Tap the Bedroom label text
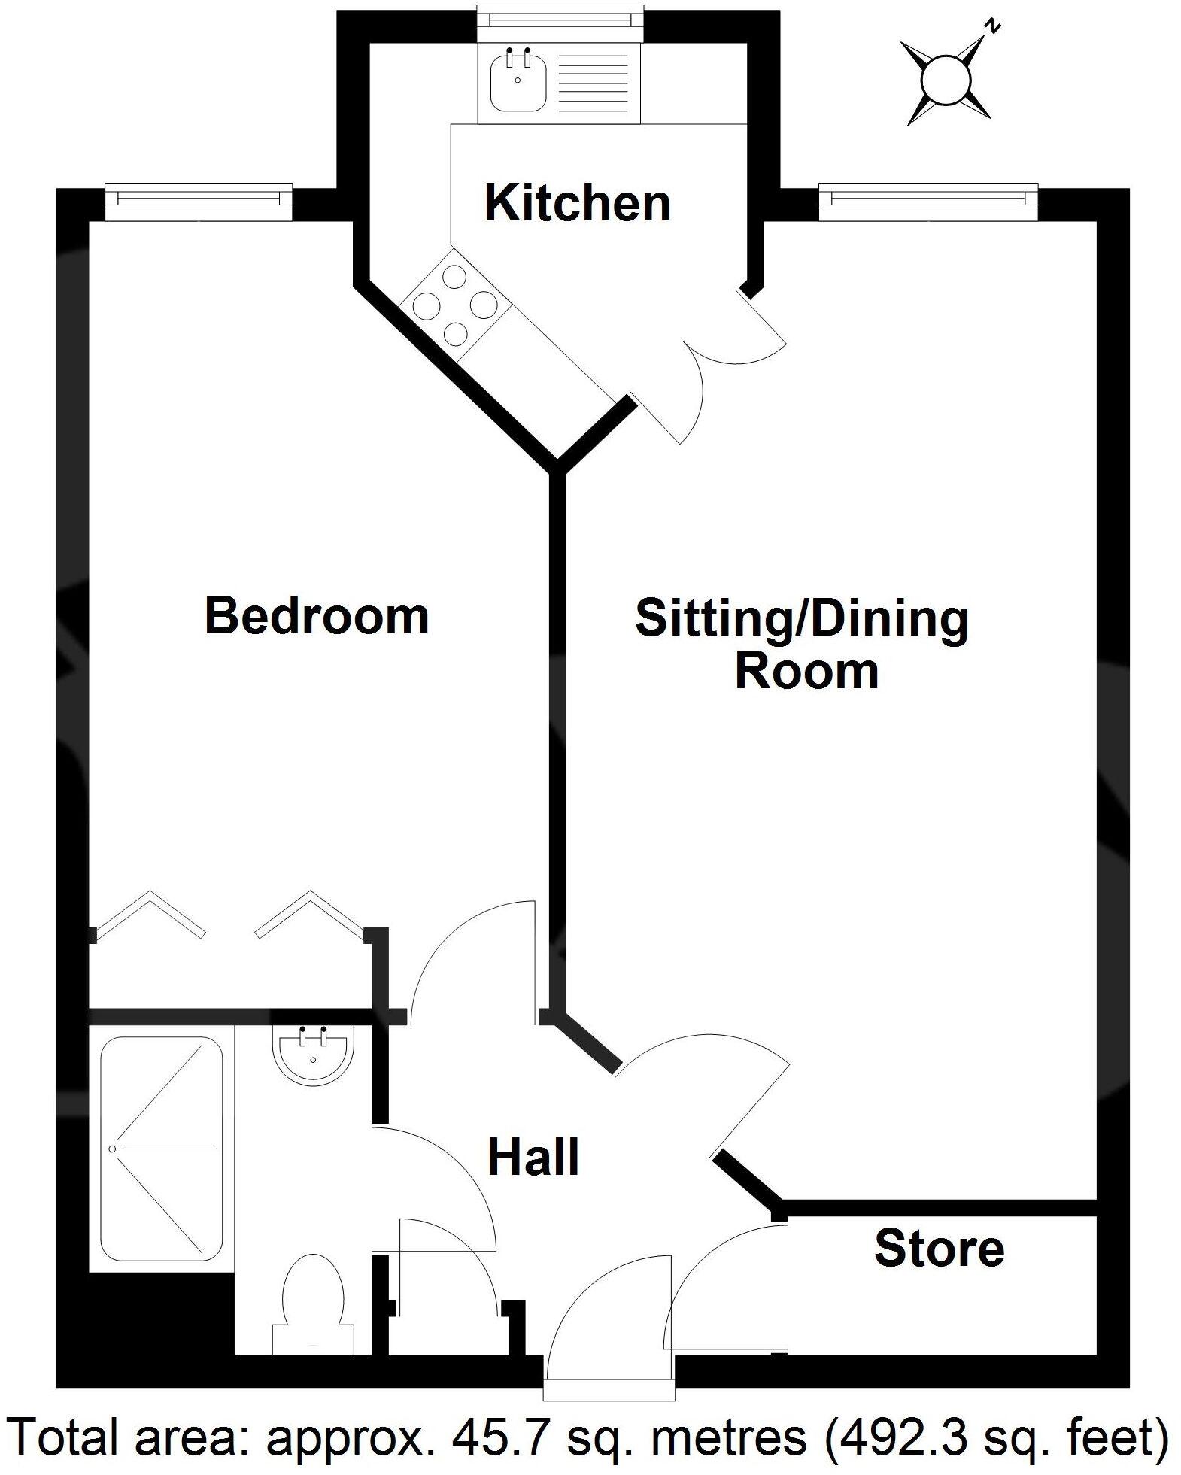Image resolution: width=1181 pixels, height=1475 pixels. point(317,616)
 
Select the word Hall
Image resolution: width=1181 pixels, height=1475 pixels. point(533,1158)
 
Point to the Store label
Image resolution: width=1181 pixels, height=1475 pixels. point(939,1248)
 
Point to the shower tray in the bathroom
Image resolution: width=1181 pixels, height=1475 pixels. point(162,1149)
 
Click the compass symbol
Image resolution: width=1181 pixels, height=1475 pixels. point(946,81)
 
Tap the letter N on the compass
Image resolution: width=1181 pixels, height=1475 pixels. point(994,28)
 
